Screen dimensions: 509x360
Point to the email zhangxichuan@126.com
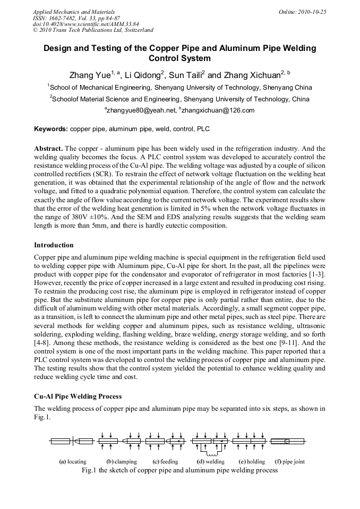pyautogui.click(x=211, y=110)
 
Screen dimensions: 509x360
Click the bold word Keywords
pyautogui.click(x=51, y=128)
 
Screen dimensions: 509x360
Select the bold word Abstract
pyautogui.click(x=49, y=149)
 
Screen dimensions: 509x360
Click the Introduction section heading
pyautogui.click(x=54, y=245)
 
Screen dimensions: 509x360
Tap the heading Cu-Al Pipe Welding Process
pyautogui.click(x=78, y=396)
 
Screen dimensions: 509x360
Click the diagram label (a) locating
pyautogui.click(x=73, y=462)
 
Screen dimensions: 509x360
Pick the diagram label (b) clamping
pyautogui.click(x=122, y=462)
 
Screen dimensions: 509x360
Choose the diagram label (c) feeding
pyautogui.click(x=165, y=462)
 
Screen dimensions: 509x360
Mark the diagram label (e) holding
pyautogui.click(x=252, y=462)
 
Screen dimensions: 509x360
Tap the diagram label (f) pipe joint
pyautogui.click(x=290, y=462)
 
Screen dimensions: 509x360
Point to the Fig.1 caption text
pyautogui.click(x=179, y=470)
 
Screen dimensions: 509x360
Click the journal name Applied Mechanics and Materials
pyautogui.click(x=73, y=11)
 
